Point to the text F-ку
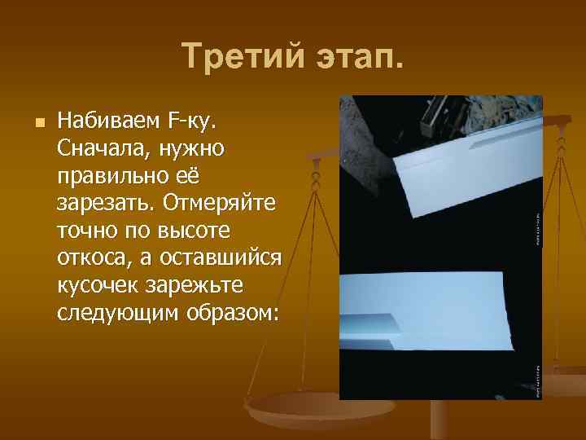coord(190,122)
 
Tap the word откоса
coord(92,258)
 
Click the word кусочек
coord(96,285)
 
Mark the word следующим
coord(115,313)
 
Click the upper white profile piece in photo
coord(463,171)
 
